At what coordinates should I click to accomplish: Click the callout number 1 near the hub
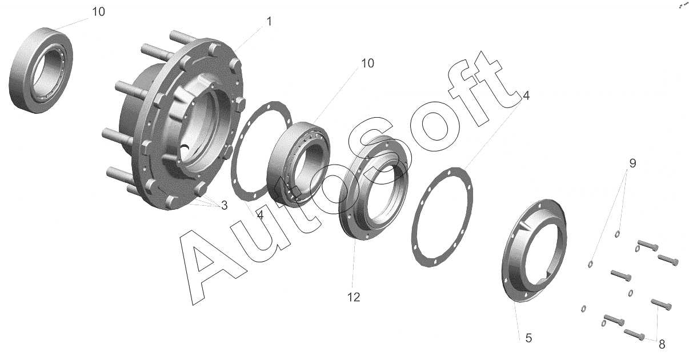pyautogui.click(x=269, y=22)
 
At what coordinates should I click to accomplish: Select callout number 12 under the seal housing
pyautogui.click(x=354, y=297)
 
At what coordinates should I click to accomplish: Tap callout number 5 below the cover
pyautogui.click(x=528, y=338)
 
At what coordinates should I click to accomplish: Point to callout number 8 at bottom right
pyautogui.click(x=662, y=345)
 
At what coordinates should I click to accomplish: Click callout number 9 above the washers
pyautogui.click(x=632, y=163)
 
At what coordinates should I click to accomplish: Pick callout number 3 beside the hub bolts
pyautogui.click(x=224, y=205)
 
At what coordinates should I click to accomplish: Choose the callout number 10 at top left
pyautogui.click(x=98, y=11)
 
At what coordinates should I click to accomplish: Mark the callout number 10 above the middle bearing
pyautogui.click(x=367, y=63)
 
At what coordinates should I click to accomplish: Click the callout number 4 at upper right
pyautogui.click(x=526, y=95)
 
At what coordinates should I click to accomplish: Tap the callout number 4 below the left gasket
pyautogui.click(x=260, y=215)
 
